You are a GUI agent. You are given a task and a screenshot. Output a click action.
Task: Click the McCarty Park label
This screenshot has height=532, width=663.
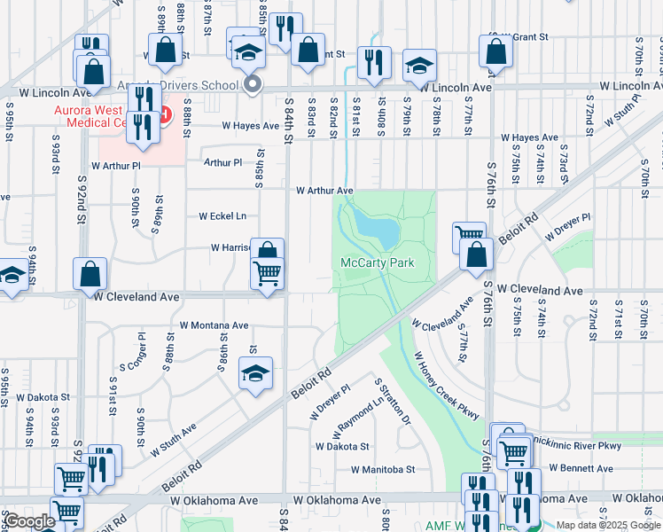click(378, 263)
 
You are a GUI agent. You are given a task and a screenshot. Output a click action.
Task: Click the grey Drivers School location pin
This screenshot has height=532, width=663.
click(253, 85)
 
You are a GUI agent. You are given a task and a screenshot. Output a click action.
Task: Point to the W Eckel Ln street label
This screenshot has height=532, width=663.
click(222, 216)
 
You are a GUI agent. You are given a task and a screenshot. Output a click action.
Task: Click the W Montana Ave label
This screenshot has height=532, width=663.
click(214, 325)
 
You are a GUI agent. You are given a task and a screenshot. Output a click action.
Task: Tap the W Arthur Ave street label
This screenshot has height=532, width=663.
click(324, 191)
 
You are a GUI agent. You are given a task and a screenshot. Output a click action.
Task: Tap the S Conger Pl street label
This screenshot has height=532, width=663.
click(131, 352)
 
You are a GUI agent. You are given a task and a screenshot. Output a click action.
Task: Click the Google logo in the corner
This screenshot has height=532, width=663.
click(30, 521)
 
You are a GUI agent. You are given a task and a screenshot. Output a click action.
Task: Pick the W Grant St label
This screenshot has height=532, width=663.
click(520, 38)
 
